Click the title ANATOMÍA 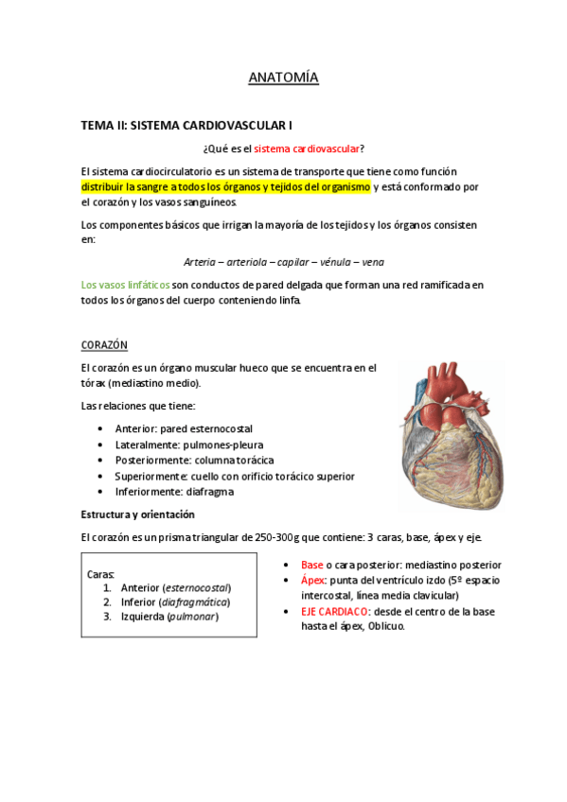click(283, 78)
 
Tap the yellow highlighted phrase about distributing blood click(225, 187)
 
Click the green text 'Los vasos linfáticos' click(126, 285)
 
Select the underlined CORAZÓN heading click(104, 345)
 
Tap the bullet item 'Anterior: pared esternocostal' click(190, 428)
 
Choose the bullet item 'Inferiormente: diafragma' click(174, 492)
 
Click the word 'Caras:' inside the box click(101, 573)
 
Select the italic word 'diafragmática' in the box click(195, 601)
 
